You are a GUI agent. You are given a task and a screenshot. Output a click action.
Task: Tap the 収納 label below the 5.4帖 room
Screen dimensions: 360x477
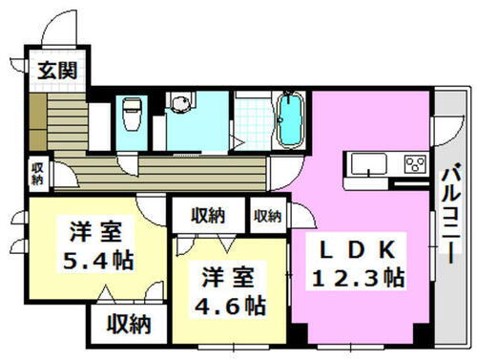tap(128, 325)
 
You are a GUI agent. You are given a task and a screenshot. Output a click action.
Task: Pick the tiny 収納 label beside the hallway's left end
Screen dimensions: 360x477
tap(36, 173)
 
